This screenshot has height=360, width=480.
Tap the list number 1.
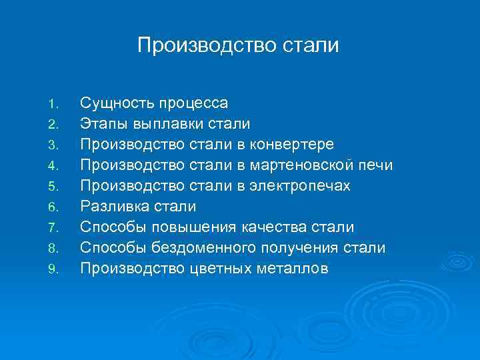point(55,104)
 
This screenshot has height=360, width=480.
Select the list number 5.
point(55,187)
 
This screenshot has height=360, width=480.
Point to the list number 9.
point(55,269)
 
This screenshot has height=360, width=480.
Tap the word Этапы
point(104,124)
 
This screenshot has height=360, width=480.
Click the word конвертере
point(294,145)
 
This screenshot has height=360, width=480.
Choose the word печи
point(376,165)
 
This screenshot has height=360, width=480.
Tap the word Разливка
point(116,207)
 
